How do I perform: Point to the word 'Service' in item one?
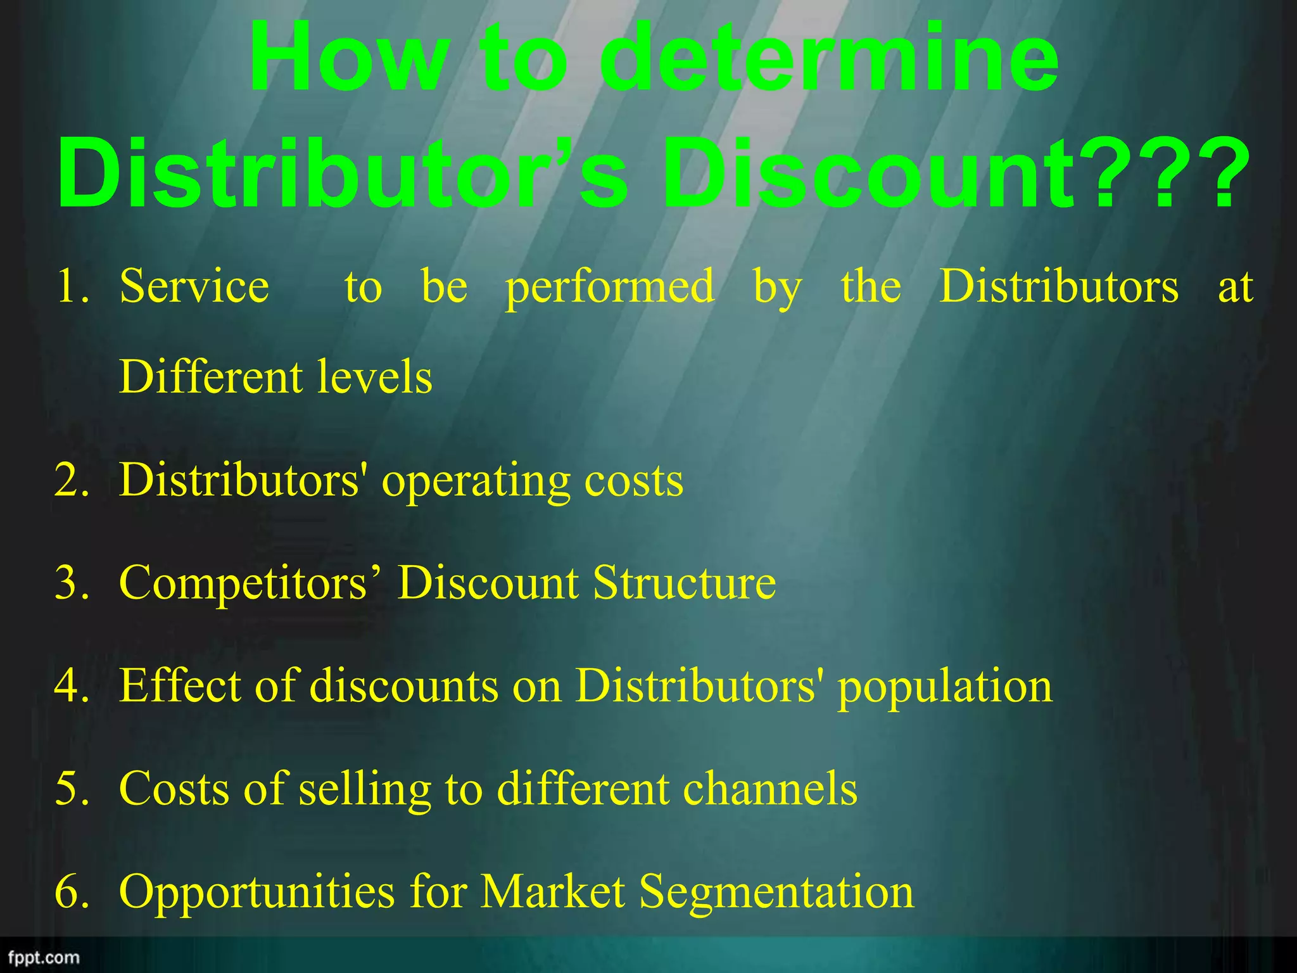[194, 286]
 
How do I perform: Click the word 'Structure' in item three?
[685, 583]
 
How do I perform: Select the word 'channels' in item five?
[770, 789]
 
